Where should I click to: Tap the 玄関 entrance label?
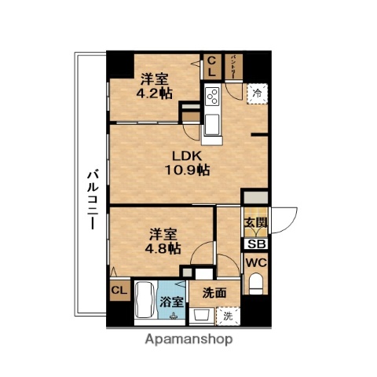(x=256, y=223)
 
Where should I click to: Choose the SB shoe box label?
(x=256, y=243)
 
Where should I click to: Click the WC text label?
(x=256, y=263)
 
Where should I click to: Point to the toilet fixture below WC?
(x=257, y=287)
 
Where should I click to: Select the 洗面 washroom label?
(x=214, y=294)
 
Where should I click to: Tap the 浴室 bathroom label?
(x=171, y=302)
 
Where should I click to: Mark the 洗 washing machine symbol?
(x=226, y=317)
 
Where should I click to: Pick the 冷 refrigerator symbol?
(x=257, y=93)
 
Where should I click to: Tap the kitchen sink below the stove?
(x=213, y=124)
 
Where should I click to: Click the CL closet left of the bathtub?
(x=119, y=292)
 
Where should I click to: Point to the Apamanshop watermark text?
(x=188, y=340)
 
